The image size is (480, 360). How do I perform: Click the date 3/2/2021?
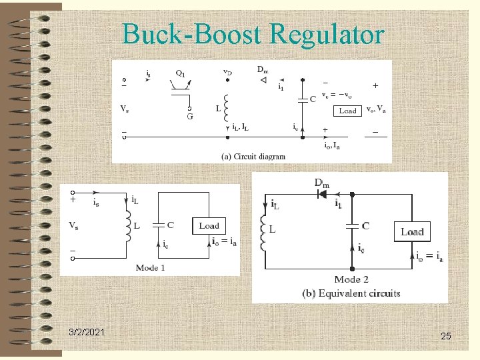[86, 332]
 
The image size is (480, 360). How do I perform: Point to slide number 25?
[446, 337]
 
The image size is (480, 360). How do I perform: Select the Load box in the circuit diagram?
[347, 111]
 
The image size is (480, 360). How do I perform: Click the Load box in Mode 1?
[209, 226]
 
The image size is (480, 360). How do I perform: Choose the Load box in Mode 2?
[412, 231]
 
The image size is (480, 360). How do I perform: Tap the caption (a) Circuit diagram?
[253, 157]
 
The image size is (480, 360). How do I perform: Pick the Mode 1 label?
[150, 267]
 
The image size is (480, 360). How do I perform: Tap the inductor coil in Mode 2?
[264, 233]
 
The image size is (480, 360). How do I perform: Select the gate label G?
[190, 117]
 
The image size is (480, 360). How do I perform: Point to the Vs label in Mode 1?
[75, 225]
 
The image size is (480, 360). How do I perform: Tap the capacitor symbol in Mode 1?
[159, 227]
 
